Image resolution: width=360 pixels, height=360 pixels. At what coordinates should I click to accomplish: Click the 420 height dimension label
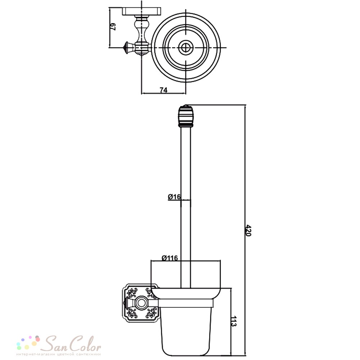[x=249, y=230]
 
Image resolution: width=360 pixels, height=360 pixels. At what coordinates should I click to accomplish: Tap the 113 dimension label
[x=234, y=321]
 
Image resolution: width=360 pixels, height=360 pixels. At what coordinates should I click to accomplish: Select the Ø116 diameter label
[x=170, y=258]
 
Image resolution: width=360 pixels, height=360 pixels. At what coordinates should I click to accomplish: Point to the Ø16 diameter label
[x=175, y=197]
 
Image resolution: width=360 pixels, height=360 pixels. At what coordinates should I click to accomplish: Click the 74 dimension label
[x=163, y=90]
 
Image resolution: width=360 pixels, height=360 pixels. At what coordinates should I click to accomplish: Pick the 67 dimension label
[x=113, y=27]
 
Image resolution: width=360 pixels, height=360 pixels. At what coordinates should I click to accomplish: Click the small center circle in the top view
[x=186, y=48]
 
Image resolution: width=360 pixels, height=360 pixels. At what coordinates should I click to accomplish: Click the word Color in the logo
[x=85, y=344]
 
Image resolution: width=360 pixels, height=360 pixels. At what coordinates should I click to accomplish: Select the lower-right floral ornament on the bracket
[x=151, y=313]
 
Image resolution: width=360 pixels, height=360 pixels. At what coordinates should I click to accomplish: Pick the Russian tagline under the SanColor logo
[x=59, y=354]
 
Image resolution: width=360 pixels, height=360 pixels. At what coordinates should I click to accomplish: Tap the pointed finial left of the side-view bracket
[x=126, y=303]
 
